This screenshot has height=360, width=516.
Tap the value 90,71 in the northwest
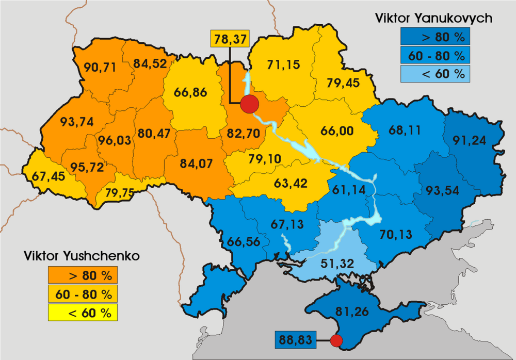click(100, 67)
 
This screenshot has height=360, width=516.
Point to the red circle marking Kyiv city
click(249, 104)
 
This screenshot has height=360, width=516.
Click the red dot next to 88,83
click(336, 340)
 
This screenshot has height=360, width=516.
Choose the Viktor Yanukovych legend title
click(434, 19)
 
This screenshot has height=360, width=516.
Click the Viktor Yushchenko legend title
click(82, 255)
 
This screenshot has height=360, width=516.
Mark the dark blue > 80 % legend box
click(435, 37)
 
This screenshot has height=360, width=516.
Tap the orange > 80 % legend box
click(83, 275)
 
